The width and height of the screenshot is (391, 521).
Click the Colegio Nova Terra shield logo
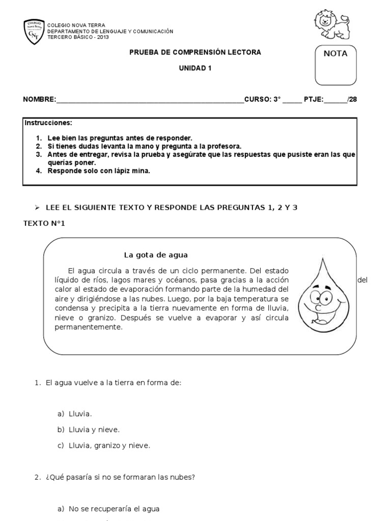coord(34,32)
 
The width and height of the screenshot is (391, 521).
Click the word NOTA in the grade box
coord(335,53)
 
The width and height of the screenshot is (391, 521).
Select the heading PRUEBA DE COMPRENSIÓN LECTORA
coord(195,52)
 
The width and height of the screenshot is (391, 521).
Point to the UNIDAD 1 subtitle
coord(195,68)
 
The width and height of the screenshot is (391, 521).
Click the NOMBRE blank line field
coord(150,100)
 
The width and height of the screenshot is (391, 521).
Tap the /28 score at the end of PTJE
coord(352,99)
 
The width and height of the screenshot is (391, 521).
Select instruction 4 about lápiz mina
coord(99,171)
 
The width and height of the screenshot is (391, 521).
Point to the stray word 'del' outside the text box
coord(362,280)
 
